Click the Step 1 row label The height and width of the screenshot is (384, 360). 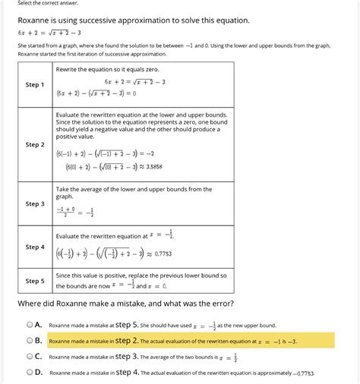(x=35, y=84)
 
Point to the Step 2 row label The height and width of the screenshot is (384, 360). (x=35, y=144)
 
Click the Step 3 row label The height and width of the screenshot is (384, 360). (x=35, y=203)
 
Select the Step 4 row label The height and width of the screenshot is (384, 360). (x=35, y=247)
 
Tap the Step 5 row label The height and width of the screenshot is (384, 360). (x=35, y=280)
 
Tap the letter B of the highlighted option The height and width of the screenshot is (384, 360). (x=38, y=340)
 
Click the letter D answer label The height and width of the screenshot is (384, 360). (x=38, y=372)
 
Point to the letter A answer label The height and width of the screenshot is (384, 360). (x=38, y=324)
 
